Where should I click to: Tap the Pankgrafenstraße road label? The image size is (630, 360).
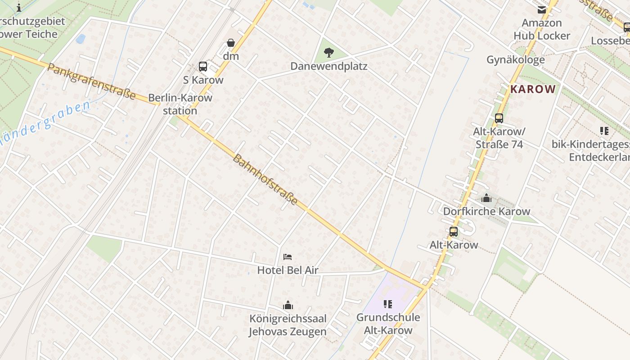coord(91,81)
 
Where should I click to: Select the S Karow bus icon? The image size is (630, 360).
coord(203,67)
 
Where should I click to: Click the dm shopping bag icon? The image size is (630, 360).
coord(231,43)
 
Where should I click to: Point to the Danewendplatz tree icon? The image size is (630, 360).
coord(329,53)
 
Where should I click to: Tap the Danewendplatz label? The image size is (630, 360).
coord(328,66)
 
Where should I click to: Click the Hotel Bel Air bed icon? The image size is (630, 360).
coord(288,257)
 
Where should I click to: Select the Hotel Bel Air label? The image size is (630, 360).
coord(288,270)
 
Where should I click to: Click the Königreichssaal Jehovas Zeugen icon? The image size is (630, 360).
coord(288,305)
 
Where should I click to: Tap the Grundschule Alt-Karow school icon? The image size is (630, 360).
coord(388,304)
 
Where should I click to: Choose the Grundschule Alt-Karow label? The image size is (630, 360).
coord(388,324)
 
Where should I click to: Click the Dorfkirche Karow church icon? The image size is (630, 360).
coord(486,198)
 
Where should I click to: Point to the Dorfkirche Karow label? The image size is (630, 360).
coord(486,211)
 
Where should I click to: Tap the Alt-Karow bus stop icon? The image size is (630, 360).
coord(454,232)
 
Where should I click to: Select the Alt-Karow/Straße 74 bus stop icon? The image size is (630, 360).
coord(499,118)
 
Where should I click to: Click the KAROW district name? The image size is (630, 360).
coord(533,89)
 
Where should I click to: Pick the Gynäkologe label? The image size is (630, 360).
coord(515,59)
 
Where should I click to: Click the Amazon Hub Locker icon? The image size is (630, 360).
coord(542,10)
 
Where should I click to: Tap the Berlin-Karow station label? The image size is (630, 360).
coord(180,104)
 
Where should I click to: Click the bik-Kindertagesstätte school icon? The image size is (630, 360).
coord(604,131)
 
